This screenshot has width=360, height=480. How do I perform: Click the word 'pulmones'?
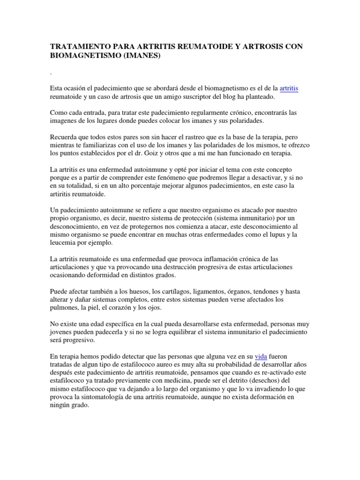(65, 308)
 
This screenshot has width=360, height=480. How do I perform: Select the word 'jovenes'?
(61, 332)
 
